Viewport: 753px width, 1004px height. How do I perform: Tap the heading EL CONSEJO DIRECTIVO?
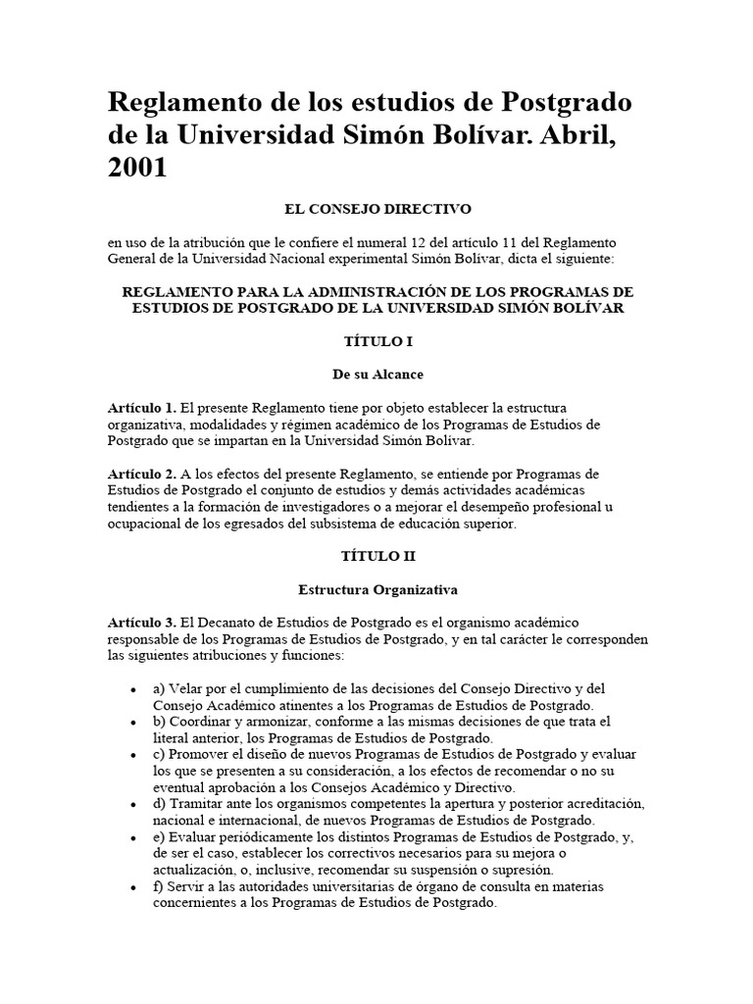377,209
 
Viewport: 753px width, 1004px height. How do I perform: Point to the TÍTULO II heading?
377,555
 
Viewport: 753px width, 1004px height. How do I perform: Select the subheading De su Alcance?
377,374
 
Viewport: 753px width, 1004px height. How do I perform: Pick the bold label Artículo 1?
142,407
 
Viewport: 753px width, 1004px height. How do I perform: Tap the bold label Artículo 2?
142,474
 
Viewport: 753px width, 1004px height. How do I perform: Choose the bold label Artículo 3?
142,623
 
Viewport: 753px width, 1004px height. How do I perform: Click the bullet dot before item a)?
133,689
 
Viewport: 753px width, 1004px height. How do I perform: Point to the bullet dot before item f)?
133,887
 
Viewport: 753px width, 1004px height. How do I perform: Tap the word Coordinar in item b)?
199,722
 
